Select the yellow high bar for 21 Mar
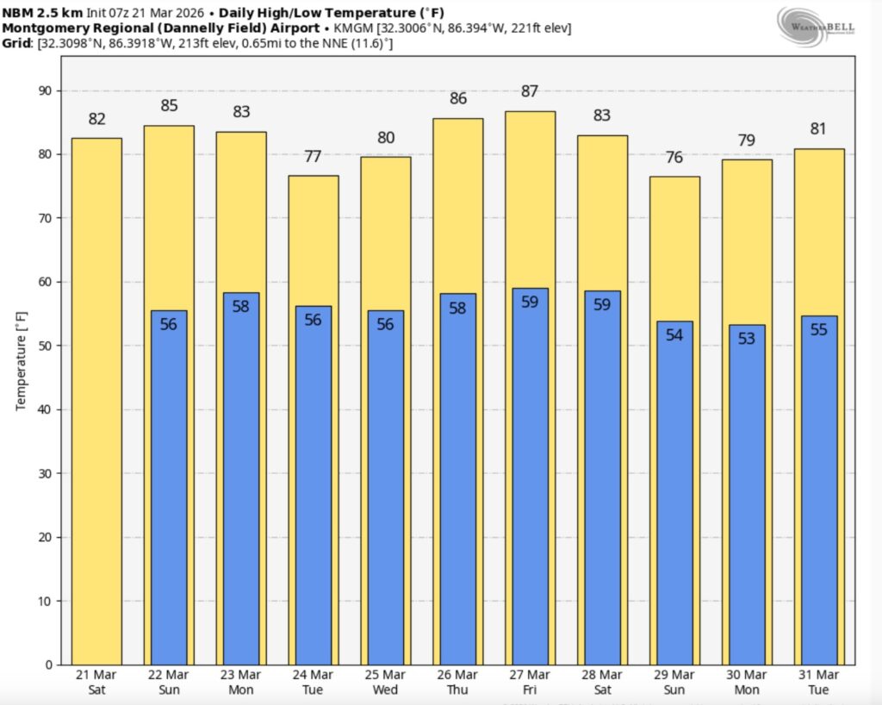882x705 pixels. [x=96, y=401]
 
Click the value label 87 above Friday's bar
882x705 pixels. [x=530, y=92]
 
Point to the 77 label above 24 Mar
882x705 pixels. [x=313, y=157]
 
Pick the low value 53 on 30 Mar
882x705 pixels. [x=747, y=339]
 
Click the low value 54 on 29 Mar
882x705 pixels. [x=674, y=335]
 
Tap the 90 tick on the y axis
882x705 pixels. [x=44, y=91]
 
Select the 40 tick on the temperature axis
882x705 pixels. [x=44, y=409]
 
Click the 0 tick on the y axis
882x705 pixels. [x=47, y=664]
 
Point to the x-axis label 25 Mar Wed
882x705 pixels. [x=385, y=682]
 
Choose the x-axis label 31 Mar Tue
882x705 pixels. [x=819, y=682]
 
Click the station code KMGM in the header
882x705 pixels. [x=351, y=28]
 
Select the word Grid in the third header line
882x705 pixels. [x=18, y=42]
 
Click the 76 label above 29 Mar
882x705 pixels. [x=674, y=158]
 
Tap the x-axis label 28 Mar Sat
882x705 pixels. [x=602, y=682]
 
